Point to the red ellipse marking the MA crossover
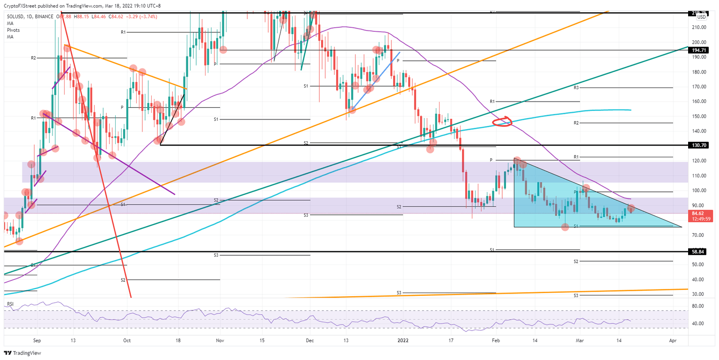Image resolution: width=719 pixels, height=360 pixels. (502, 123)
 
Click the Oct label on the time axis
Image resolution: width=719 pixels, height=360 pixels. (127, 341)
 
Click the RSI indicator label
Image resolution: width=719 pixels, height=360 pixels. (10, 305)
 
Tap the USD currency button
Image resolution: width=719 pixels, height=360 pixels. (701, 17)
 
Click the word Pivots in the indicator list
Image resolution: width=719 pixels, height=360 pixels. (14, 30)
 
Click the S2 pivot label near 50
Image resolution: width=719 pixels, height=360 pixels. (576, 261)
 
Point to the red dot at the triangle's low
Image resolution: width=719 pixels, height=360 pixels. (565, 227)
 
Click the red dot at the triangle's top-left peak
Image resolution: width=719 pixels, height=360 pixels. (517, 161)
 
